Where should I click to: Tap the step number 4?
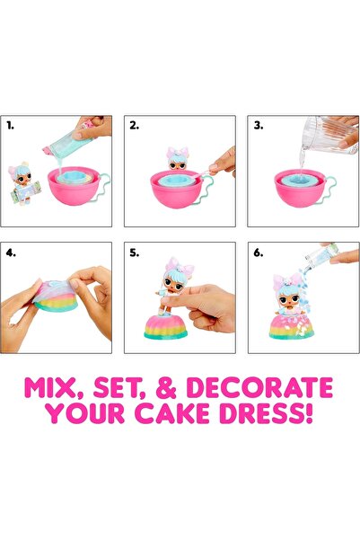tap(10, 253)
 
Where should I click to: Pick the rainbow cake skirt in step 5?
tap(166, 326)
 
